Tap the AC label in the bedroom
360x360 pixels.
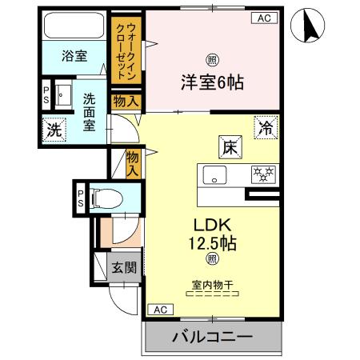tap(263, 18)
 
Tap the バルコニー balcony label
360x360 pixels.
tap(213, 337)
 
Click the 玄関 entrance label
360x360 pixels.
tap(122, 267)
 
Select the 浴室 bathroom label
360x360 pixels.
tap(76, 56)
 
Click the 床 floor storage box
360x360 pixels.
tap(228, 146)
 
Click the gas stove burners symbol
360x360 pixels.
tap(261, 172)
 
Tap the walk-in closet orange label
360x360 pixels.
tap(126, 47)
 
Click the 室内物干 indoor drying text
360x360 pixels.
tap(211, 285)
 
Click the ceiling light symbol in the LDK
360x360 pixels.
tap(212, 258)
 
